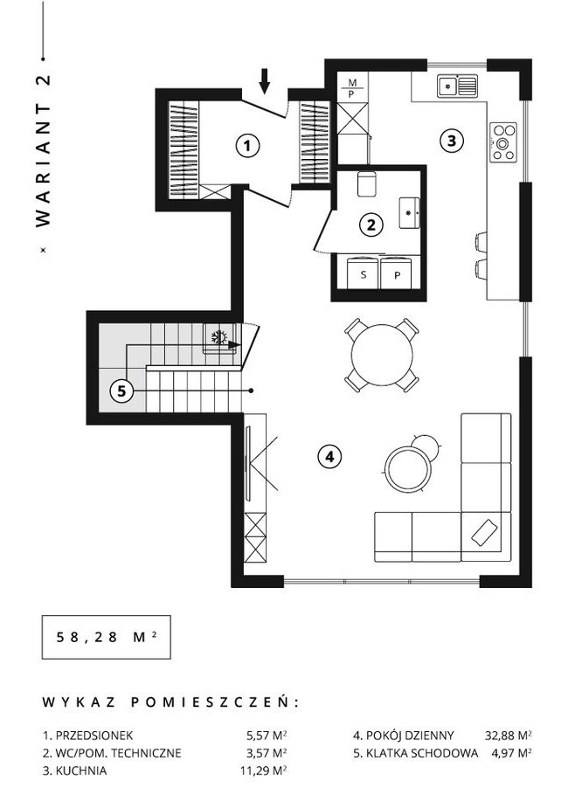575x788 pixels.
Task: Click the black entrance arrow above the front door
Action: tap(265, 81)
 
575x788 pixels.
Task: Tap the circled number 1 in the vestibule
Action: tap(247, 146)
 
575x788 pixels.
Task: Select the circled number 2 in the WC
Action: tap(371, 225)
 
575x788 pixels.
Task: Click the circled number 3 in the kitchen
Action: tap(452, 141)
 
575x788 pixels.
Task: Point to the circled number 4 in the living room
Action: tap(329, 456)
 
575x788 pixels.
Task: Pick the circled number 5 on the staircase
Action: tap(121, 391)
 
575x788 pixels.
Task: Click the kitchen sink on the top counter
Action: tap(457, 86)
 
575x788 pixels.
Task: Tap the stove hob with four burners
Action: tap(503, 142)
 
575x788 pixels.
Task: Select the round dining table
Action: tap(382, 355)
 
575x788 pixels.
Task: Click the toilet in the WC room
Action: tap(366, 184)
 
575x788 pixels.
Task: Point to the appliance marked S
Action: tap(364, 273)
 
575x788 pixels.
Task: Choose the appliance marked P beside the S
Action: tap(397, 273)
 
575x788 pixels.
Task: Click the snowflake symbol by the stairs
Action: tap(218, 336)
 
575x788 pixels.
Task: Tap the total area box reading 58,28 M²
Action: tap(106, 637)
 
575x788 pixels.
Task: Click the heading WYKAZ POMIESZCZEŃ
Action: tap(170, 702)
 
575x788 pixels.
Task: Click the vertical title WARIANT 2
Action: tap(44, 151)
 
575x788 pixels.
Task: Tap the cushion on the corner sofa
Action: tap(484, 532)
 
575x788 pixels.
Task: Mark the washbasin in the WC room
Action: tap(410, 212)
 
